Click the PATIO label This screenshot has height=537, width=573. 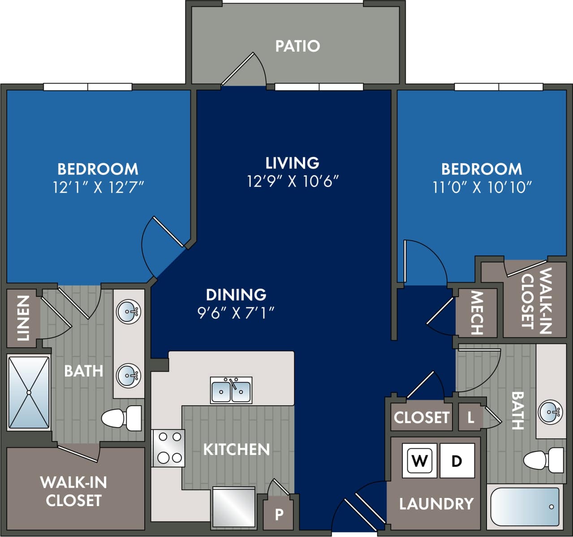297,46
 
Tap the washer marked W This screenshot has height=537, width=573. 419,460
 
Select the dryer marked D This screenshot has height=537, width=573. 457,460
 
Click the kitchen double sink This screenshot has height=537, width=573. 231,390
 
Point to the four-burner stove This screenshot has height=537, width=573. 168,448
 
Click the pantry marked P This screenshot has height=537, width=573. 279,514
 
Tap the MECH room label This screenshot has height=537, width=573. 477,313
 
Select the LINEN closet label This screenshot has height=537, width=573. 23,318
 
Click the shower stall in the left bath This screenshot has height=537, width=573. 29,393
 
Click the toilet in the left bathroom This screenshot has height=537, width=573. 121,418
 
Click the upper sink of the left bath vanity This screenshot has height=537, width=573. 128,311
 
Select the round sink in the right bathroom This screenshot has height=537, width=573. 550,411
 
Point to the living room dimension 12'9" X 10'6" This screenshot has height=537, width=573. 293,182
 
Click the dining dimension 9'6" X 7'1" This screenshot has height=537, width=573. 236,312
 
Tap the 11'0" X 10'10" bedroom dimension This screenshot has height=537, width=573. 482,187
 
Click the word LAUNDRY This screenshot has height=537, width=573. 436,504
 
